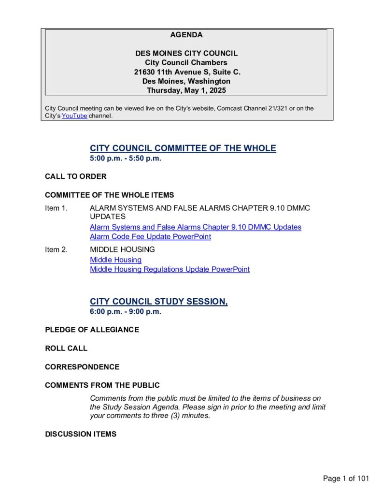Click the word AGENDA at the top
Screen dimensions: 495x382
coord(186,35)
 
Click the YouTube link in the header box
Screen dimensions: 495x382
coord(74,116)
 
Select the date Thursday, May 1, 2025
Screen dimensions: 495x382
coord(186,90)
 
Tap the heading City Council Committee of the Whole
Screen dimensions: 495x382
coord(183,148)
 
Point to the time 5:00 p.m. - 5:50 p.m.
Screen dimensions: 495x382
coord(126,159)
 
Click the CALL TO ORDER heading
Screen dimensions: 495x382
coord(76,176)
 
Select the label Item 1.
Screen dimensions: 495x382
coord(57,208)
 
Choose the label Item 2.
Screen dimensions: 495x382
coord(57,250)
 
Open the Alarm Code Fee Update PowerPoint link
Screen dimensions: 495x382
coord(150,237)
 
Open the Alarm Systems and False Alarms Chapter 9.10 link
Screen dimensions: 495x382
coord(195,227)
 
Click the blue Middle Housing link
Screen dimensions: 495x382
coord(115,260)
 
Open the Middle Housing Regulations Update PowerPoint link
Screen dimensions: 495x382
coord(170,270)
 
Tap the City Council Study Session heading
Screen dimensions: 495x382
coord(158,302)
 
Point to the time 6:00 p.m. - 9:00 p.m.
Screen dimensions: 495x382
coord(126,312)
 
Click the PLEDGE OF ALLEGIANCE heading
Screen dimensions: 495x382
coord(92,330)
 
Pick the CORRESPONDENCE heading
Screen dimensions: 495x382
coord(82,367)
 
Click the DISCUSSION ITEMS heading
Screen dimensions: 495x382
coord(81,434)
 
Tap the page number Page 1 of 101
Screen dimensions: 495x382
coord(346,479)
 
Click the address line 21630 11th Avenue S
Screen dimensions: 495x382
coord(187,72)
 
